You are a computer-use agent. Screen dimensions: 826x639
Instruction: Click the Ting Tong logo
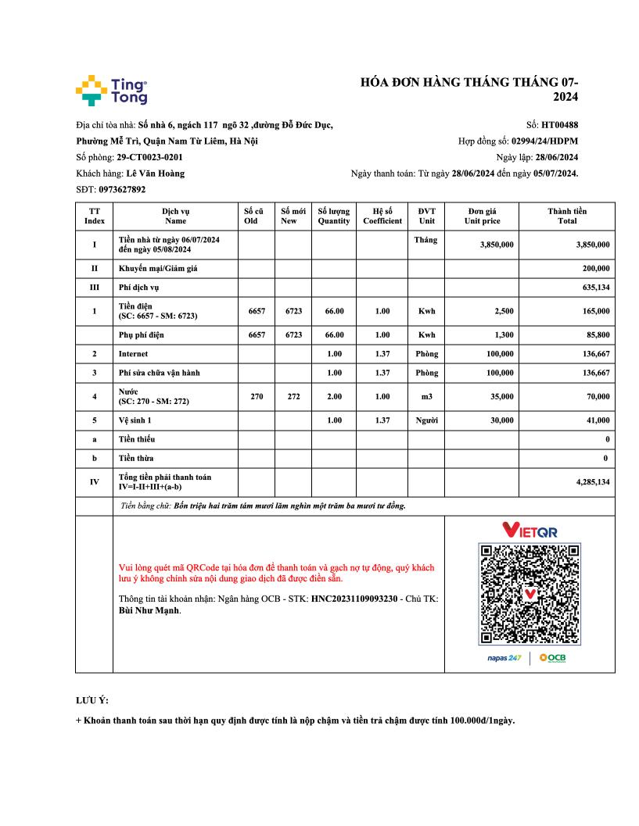111,91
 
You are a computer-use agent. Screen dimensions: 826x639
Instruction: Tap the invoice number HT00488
559,124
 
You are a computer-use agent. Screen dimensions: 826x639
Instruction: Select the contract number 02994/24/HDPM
544,141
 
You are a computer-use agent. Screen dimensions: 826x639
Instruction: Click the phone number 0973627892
122,189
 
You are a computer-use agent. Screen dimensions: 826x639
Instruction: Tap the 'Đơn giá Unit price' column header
482,216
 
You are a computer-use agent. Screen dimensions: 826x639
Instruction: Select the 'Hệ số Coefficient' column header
382,216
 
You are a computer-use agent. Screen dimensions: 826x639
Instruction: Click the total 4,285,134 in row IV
592,482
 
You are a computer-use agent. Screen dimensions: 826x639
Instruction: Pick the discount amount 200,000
594,268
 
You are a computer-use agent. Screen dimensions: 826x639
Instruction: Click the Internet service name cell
133,354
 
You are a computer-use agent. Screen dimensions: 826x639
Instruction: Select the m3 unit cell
426,396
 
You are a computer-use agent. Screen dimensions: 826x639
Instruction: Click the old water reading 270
257,396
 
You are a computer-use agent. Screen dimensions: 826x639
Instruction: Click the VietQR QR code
530,594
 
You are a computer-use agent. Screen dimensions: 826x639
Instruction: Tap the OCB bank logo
552,658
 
